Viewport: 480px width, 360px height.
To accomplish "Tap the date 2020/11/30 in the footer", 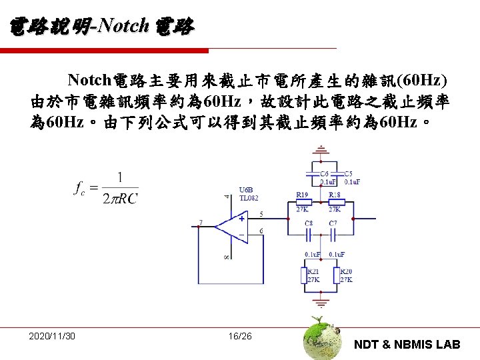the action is (52, 335).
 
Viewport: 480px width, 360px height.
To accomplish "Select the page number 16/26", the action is (240, 335).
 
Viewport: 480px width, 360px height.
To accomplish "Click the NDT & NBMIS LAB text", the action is (407, 344).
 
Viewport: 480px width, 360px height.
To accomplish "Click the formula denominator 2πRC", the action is (119, 198).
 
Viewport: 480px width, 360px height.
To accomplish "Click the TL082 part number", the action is (249, 198).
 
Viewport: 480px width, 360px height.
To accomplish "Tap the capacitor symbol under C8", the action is (309, 234).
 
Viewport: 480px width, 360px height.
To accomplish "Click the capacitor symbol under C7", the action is (333, 234).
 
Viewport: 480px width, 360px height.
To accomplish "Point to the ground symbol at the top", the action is (321, 149).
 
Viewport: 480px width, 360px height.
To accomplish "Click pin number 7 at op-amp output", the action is (201, 222).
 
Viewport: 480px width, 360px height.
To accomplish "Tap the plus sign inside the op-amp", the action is (241, 218).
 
